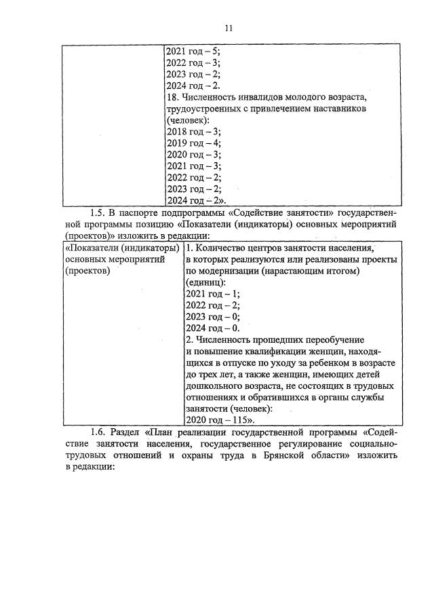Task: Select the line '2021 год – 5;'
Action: [x=193, y=51]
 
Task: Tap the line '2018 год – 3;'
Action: [x=193, y=132]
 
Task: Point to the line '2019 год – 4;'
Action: [x=193, y=143]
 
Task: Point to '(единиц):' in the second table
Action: [x=206, y=282]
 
